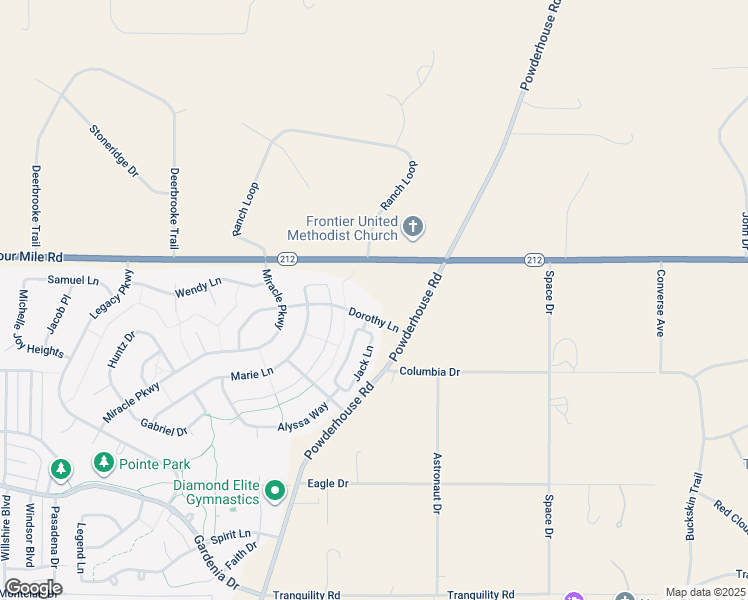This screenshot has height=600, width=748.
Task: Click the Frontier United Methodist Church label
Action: [342, 228]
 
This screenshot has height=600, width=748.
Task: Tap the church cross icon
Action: [412, 228]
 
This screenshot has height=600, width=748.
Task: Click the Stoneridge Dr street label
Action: [113, 151]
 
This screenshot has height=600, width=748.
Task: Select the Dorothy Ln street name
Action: [373, 320]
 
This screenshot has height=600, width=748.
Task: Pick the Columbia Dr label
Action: [429, 372]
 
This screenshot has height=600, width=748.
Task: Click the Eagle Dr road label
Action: [328, 483]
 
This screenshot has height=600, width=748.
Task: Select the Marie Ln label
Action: [252, 375]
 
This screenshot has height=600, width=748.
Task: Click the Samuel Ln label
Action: [74, 281]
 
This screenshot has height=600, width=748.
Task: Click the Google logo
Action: [33, 588]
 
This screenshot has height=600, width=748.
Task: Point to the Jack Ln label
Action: [363, 364]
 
